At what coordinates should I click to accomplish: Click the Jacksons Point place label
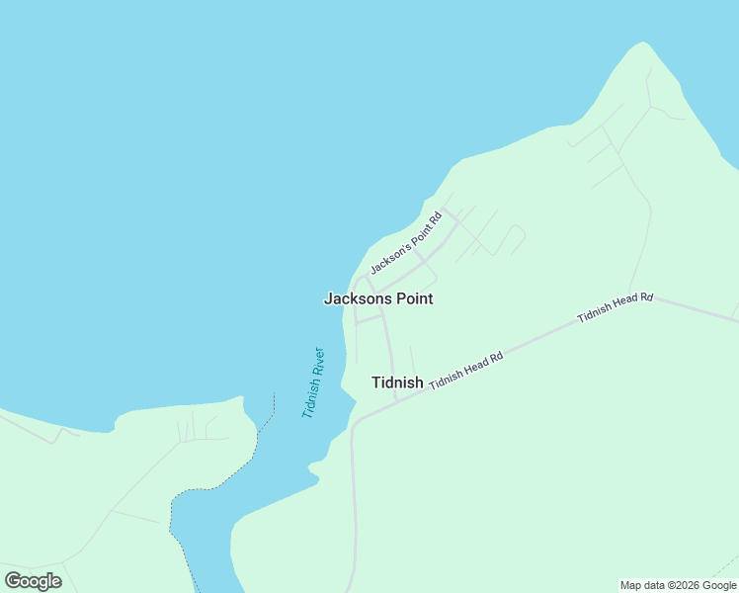point(378,298)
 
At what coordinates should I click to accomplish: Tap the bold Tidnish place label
point(397,382)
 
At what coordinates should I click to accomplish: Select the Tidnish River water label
point(313,382)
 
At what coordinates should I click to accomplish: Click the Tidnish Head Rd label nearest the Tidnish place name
point(466,369)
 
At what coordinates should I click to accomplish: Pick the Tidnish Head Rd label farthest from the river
point(616,306)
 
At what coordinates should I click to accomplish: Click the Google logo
point(34,581)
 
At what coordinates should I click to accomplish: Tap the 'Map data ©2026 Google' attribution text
point(679,585)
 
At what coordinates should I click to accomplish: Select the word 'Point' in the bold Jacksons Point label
point(414,298)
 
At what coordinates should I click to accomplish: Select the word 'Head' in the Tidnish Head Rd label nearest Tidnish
point(474,365)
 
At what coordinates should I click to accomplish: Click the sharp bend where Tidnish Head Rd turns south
point(355,423)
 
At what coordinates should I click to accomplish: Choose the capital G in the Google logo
point(14,581)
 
